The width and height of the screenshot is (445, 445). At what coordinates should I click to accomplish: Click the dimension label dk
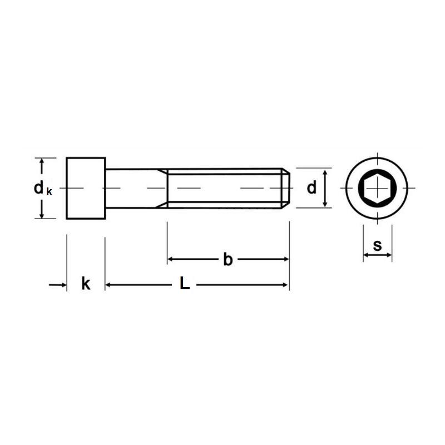pos(43,189)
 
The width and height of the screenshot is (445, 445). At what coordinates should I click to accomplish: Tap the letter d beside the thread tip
pos(311,188)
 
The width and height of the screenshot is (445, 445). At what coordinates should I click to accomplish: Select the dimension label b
pos(228,259)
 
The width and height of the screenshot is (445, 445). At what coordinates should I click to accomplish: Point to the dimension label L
pos(185,283)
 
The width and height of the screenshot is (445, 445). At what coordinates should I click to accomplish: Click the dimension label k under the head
pos(86,283)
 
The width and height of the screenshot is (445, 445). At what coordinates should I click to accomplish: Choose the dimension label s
pos(378,245)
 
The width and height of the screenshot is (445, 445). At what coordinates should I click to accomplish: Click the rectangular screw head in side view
pos(86,188)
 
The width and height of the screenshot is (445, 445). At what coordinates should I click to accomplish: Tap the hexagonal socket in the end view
pos(377,188)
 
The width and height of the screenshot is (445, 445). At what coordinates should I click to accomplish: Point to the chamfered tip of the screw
pos(286,188)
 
